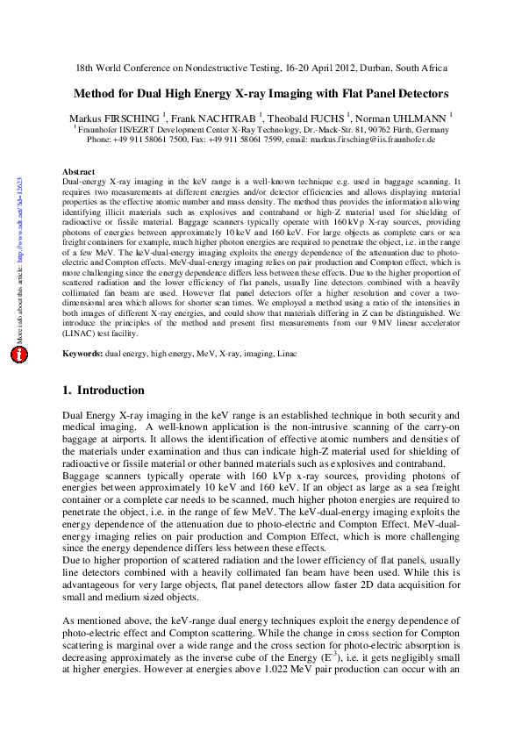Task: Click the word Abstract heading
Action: (80, 171)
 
